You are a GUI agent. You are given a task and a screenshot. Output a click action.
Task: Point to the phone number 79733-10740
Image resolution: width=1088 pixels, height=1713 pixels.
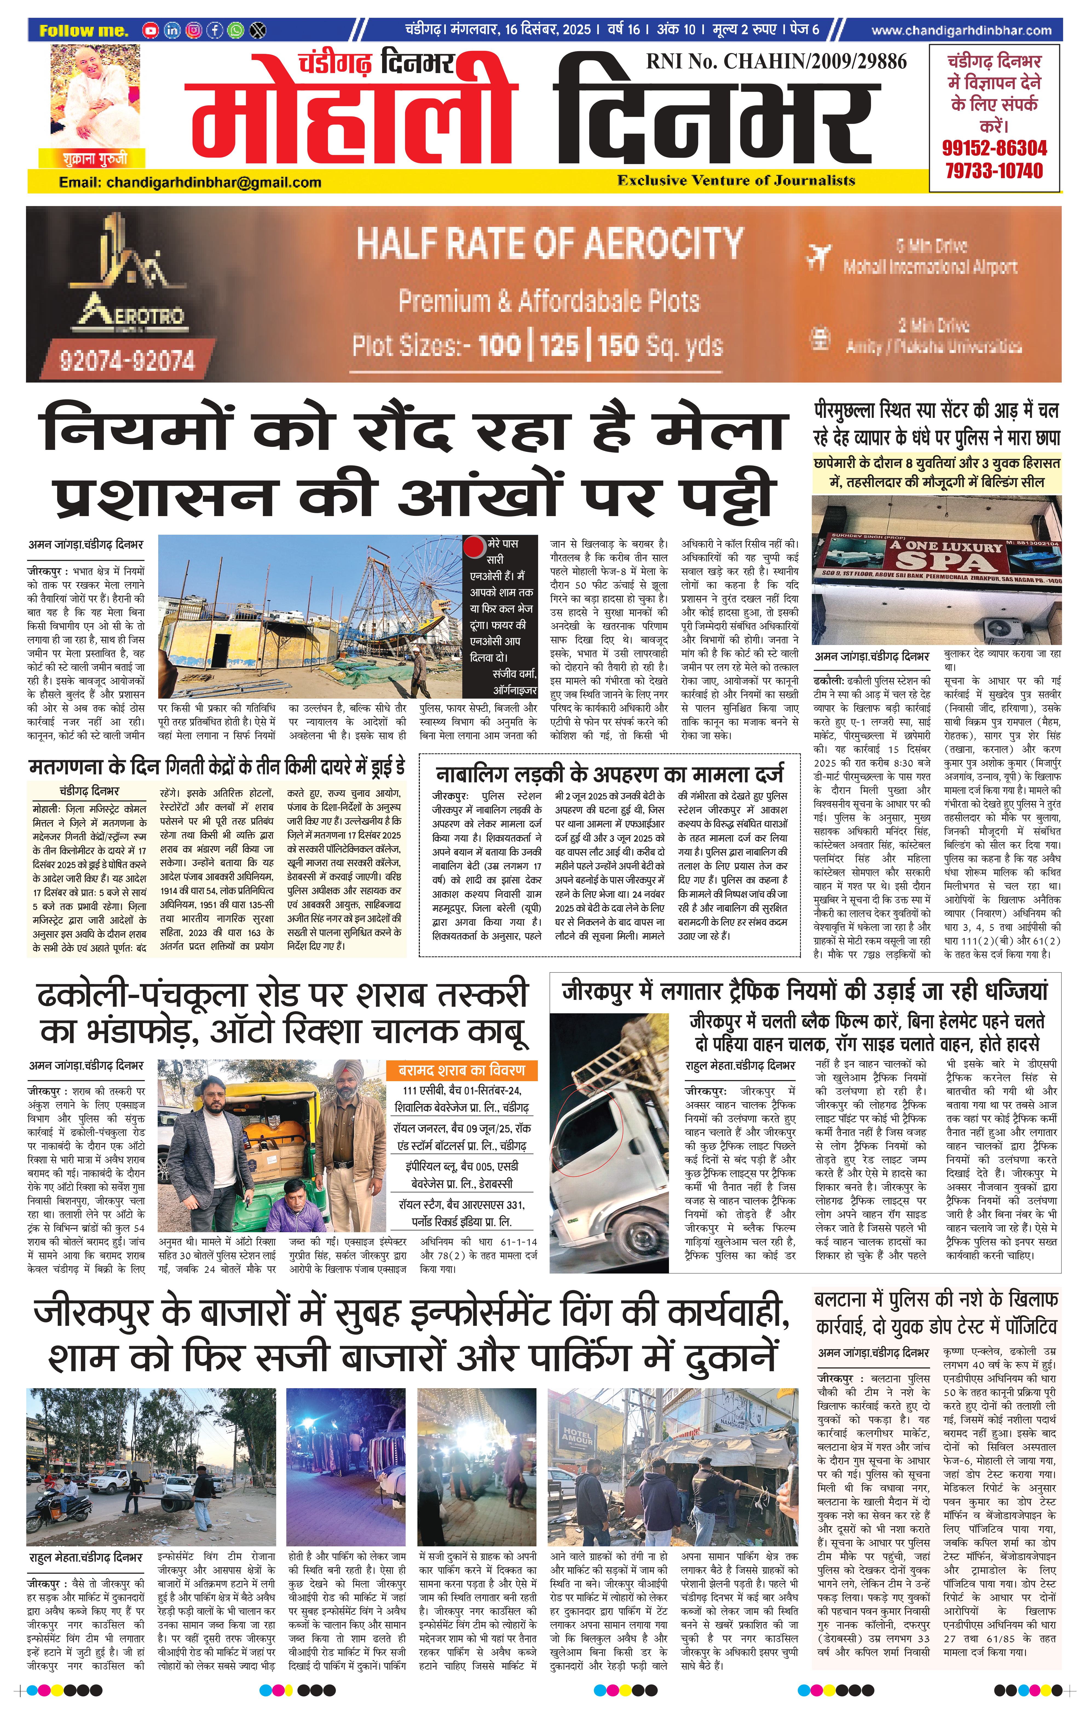tap(994, 171)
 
